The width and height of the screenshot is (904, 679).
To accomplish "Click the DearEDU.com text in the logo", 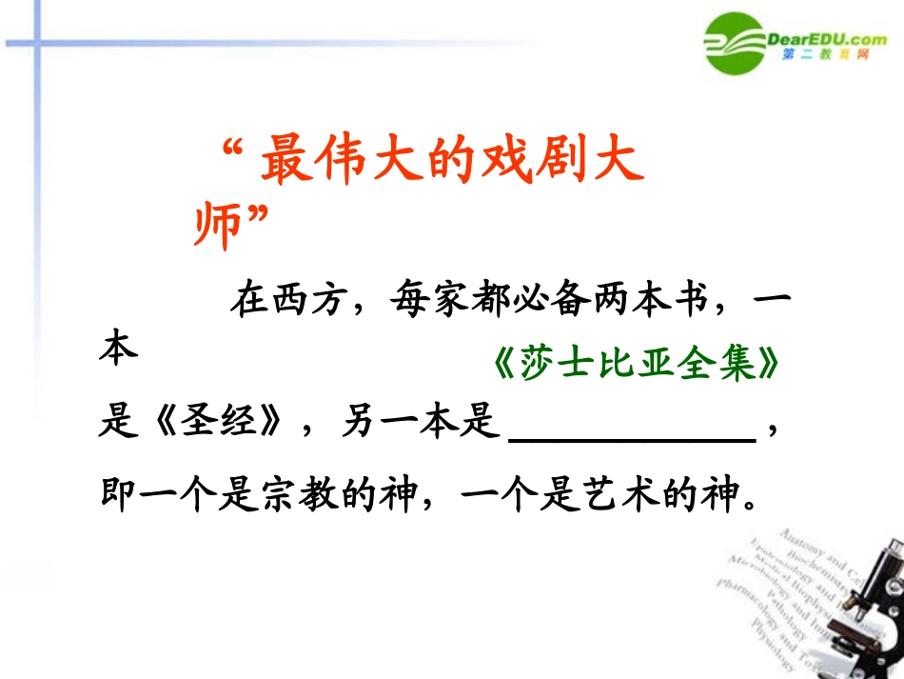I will coord(826,38).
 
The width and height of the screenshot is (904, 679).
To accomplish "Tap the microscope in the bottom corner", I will coord(871,609).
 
